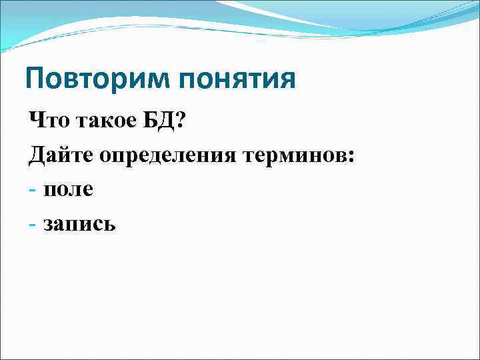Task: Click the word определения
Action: [171, 157]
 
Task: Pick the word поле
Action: [69, 191]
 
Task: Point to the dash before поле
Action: [33, 191]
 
